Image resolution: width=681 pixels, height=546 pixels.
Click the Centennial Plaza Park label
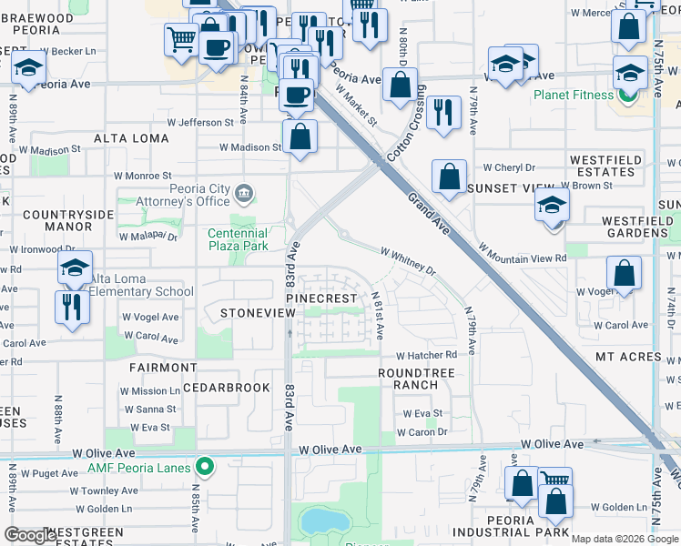(239, 239)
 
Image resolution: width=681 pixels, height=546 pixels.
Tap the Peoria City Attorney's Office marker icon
(243, 192)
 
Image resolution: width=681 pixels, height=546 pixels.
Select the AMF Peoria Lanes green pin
(206, 468)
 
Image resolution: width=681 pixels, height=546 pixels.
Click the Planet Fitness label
(574, 95)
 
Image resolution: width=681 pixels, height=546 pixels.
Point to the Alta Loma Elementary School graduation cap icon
(76, 268)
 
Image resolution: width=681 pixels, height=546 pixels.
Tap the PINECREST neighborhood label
(320, 298)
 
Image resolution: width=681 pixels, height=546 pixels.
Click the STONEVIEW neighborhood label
(258, 312)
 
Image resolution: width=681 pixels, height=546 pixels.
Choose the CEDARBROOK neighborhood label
(226, 388)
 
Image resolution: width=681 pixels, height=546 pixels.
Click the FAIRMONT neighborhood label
(163, 368)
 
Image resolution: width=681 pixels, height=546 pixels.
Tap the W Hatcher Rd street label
(426, 356)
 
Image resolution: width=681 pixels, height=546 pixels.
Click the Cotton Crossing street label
(405, 124)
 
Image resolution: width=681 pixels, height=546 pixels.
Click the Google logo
(30, 535)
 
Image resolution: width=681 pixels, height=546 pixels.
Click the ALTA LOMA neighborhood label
(133, 138)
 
